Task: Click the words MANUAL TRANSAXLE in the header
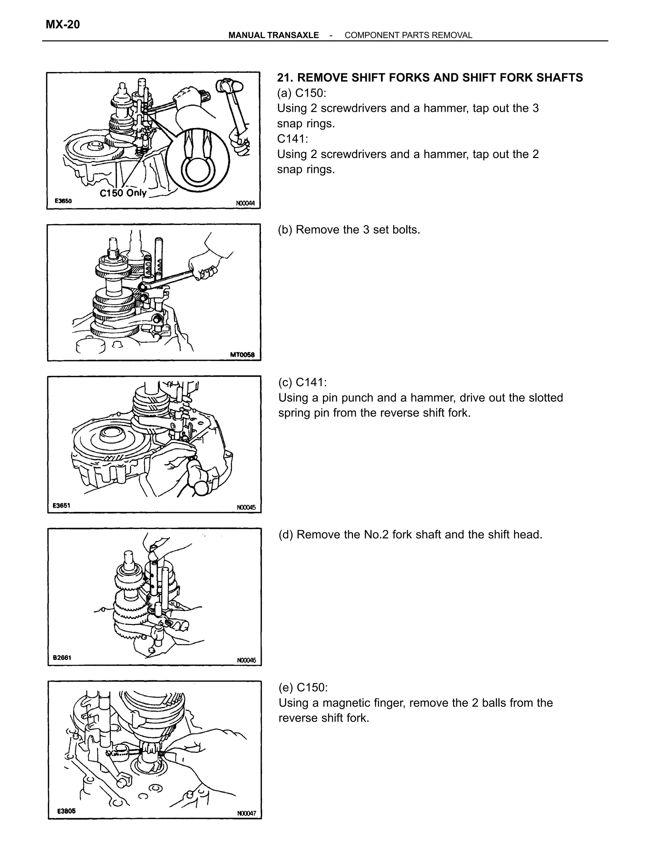point(274,35)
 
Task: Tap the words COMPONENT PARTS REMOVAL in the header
point(408,35)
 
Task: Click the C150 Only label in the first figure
point(123,193)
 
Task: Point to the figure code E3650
point(63,201)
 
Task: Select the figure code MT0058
point(243,355)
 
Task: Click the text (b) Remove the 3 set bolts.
point(349,230)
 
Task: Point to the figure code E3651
point(62,505)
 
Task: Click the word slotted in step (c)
point(544,398)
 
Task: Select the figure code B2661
point(62,658)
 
